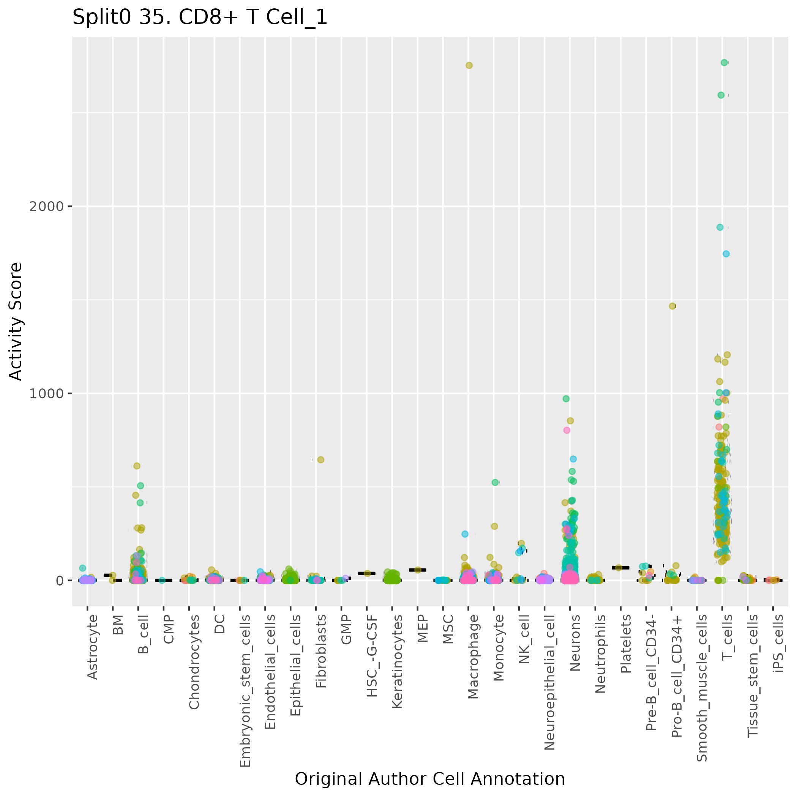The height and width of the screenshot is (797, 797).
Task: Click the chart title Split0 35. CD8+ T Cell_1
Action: pos(200,18)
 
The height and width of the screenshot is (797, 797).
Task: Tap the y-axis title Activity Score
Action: pos(16,322)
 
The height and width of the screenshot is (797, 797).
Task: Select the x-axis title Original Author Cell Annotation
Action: pos(429,779)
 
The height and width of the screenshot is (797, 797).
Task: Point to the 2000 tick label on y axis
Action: pos(46,206)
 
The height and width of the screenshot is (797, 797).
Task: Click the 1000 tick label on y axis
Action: pos(46,393)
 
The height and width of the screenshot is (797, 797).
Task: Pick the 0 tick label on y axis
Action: pos(58,581)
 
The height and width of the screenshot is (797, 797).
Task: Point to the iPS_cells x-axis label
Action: pos(778,644)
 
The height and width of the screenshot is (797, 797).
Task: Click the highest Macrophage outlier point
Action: pos(469,65)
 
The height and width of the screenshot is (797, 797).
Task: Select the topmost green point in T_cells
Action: pos(724,63)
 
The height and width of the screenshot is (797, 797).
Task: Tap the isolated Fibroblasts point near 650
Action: pos(320,459)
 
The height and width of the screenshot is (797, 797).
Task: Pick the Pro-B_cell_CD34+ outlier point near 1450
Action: pos(672,306)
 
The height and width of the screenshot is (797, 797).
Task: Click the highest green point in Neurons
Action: pos(567,399)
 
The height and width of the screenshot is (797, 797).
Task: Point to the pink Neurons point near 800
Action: pos(567,430)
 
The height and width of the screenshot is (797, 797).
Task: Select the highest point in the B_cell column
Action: pos(137,466)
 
